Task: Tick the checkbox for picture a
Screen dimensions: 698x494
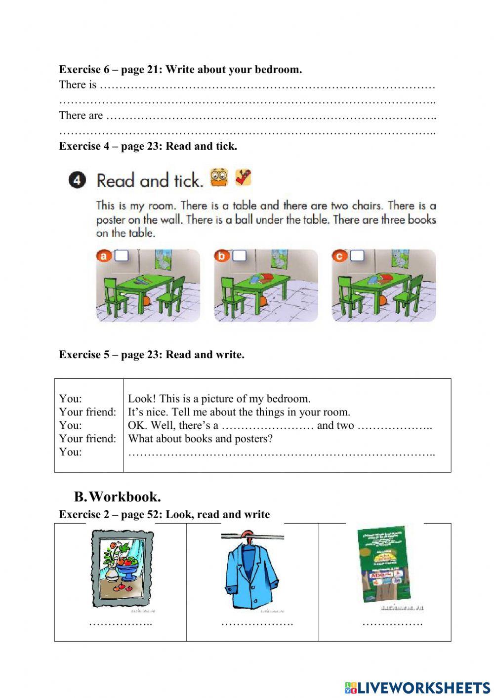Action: point(122,256)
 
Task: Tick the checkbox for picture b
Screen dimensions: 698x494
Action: point(240,256)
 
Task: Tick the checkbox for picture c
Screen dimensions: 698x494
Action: point(357,256)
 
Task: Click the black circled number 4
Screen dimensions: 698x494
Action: point(77,181)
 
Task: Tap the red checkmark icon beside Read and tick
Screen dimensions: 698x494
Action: point(243,177)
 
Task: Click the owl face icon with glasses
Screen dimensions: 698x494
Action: point(219,177)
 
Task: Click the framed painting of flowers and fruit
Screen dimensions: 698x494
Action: point(122,569)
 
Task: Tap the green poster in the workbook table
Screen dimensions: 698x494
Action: point(383,565)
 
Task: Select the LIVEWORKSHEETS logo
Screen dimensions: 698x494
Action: point(417,687)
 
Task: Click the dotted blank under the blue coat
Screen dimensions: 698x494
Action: point(257,623)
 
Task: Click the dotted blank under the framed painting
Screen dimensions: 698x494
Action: point(120,623)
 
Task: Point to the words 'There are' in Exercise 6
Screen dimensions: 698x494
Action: point(81,116)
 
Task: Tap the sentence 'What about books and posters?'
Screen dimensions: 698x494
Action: point(200,439)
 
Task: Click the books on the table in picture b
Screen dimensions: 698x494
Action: point(260,278)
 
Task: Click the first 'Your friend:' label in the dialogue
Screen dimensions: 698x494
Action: point(87,412)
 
